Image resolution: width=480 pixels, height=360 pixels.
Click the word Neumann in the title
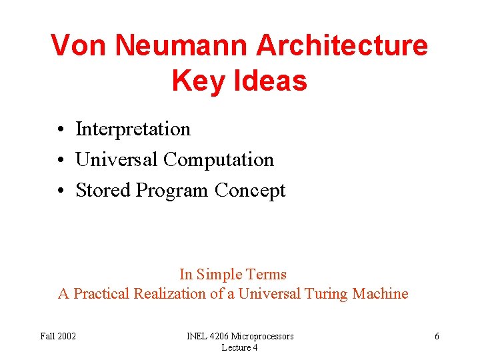[x=181, y=45]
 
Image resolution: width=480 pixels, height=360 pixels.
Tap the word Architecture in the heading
[x=341, y=45]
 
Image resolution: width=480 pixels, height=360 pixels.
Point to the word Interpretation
[x=133, y=129]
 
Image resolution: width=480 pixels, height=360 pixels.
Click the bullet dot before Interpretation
[x=60, y=129]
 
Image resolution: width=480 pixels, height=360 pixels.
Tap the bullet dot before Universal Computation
[x=60, y=160]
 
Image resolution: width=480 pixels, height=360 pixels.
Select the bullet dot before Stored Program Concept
[x=60, y=191]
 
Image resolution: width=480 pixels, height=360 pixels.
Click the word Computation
[x=219, y=160]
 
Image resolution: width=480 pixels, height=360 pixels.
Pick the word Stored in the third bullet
[x=103, y=191]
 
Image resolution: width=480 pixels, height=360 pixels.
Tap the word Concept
[x=250, y=191]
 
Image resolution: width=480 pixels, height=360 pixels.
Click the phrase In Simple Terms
[x=233, y=274]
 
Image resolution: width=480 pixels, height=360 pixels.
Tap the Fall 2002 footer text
[x=58, y=336]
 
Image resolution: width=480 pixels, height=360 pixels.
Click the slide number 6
[x=437, y=336]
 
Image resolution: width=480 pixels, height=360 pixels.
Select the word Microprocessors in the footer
[x=261, y=336]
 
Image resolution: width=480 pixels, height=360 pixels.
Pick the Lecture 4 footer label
[x=239, y=347]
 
